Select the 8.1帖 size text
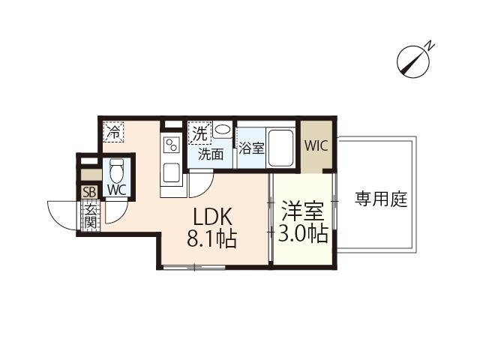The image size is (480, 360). (212, 240)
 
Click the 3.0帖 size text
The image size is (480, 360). (304, 234)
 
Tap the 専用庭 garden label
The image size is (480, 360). (380, 199)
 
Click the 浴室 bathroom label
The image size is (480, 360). (252, 148)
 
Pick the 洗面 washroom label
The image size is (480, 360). (211, 154)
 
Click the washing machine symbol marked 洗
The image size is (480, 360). (199, 133)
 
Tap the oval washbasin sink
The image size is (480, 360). (223, 130)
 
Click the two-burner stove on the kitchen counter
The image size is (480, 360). (171, 145)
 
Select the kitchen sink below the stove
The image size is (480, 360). (171, 175)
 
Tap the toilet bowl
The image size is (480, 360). (115, 170)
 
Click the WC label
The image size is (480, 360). (116, 190)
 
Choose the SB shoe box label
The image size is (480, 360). (89, 192)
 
